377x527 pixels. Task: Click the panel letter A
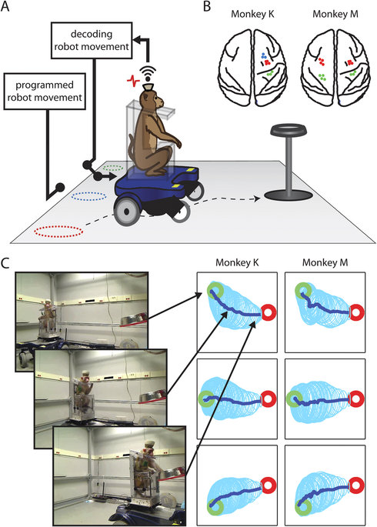pyautogui.click(x=7, y=8)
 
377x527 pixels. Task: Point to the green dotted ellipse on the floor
pyautogui.click(x=113, y=165)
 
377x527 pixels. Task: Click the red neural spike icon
pyautogui.click(x=132, y=79)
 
